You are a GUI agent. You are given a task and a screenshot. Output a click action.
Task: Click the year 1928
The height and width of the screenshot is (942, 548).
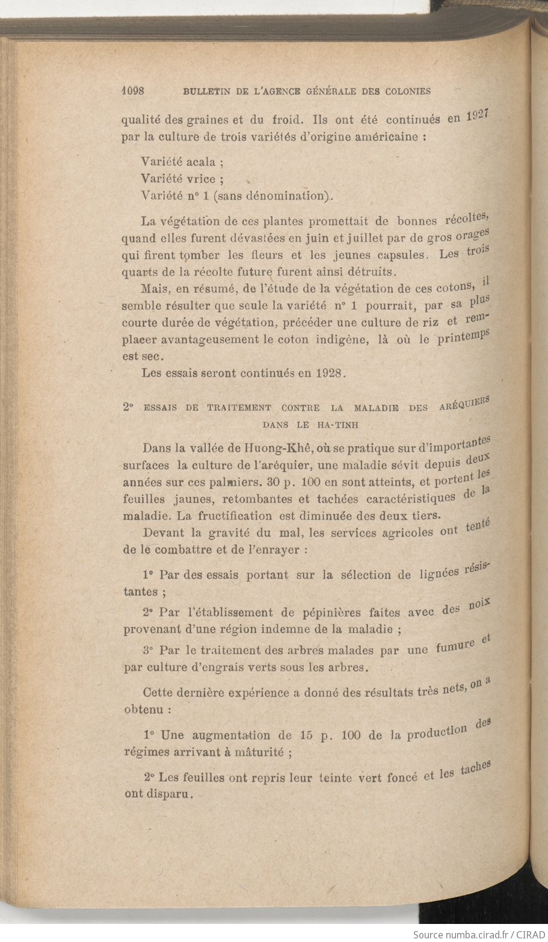329,372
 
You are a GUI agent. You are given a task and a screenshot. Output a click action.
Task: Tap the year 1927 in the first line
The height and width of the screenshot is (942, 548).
479,115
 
